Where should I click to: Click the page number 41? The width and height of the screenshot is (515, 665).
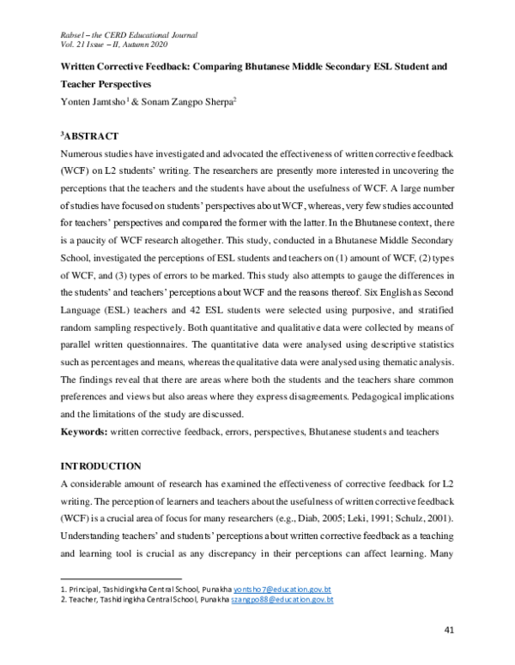click(448, 632)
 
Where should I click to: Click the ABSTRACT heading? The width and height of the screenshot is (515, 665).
click(93, 136)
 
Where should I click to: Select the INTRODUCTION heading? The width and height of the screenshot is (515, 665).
click(100, 465)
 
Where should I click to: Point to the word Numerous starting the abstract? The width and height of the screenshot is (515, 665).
click(83, 153)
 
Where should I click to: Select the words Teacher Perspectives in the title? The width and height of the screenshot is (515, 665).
click(108, 85)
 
